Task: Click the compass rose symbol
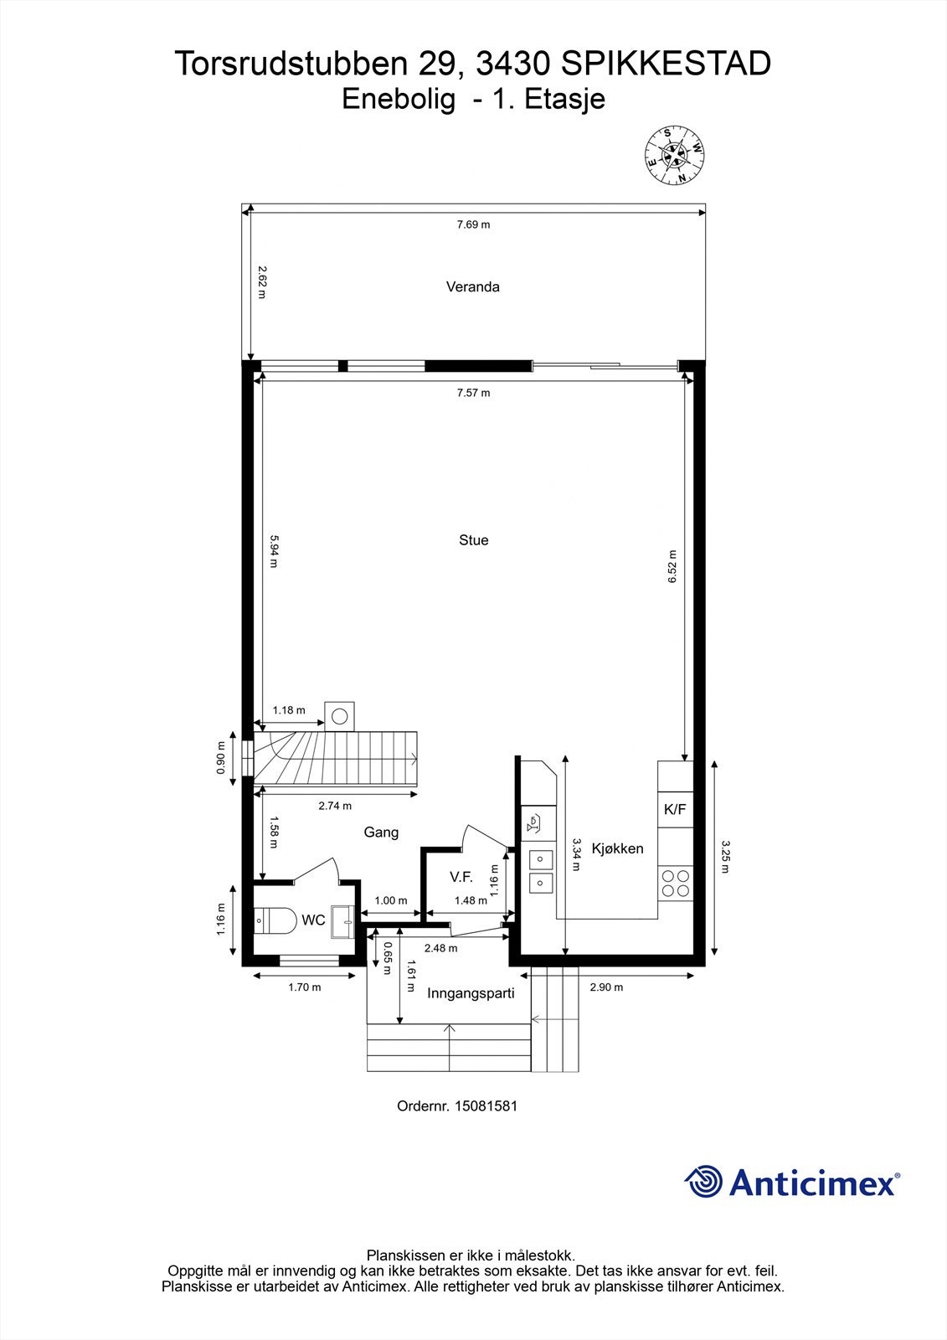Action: click(x=674, y=156)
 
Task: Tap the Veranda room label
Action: click(x=472, y=286)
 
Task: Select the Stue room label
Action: click(x=473, y=540)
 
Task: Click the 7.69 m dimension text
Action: click(x=473, y=224)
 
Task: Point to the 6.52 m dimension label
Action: click(x=672, y=566)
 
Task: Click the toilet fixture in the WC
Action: click(x=275, y=920)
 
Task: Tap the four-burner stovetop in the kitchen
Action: click(x=676, y=884)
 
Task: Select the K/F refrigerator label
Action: click(x=675, y=809)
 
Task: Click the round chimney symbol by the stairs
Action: click(x=339, y=716)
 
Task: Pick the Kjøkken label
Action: click(x=617, y=848)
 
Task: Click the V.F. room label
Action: click(x=461, y=877)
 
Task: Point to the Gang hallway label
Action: click(x=381, y=832)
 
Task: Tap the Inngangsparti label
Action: click(x=471, y=993)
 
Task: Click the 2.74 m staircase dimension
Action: click(x=335, y=806)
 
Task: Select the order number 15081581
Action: click(x=486, y=1106)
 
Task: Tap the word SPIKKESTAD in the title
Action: click(x=666, y=64)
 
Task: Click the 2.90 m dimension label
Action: click(x=606, y=987)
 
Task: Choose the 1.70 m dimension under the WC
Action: click(x=305, y=987)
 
